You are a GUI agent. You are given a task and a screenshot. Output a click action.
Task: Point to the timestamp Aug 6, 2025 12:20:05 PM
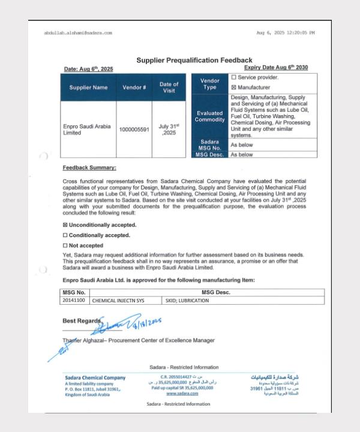click(284, 32)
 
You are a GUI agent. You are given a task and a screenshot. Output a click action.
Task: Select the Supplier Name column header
click(88, 88)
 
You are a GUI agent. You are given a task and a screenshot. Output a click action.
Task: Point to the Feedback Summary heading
click(89, 167)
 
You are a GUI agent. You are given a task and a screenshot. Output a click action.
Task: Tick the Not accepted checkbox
click(65, 245)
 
